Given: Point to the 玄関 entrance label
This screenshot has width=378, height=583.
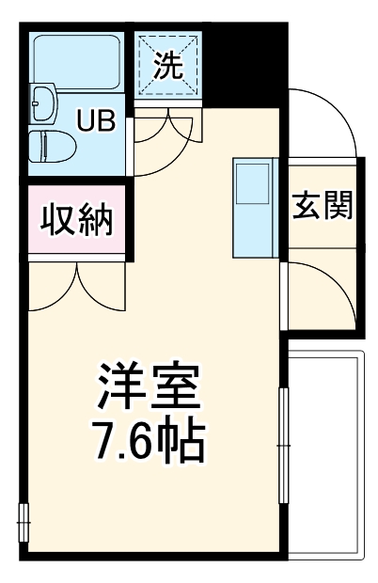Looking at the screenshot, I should point(322,207).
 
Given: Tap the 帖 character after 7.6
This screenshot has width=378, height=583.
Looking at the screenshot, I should point(185,439).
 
